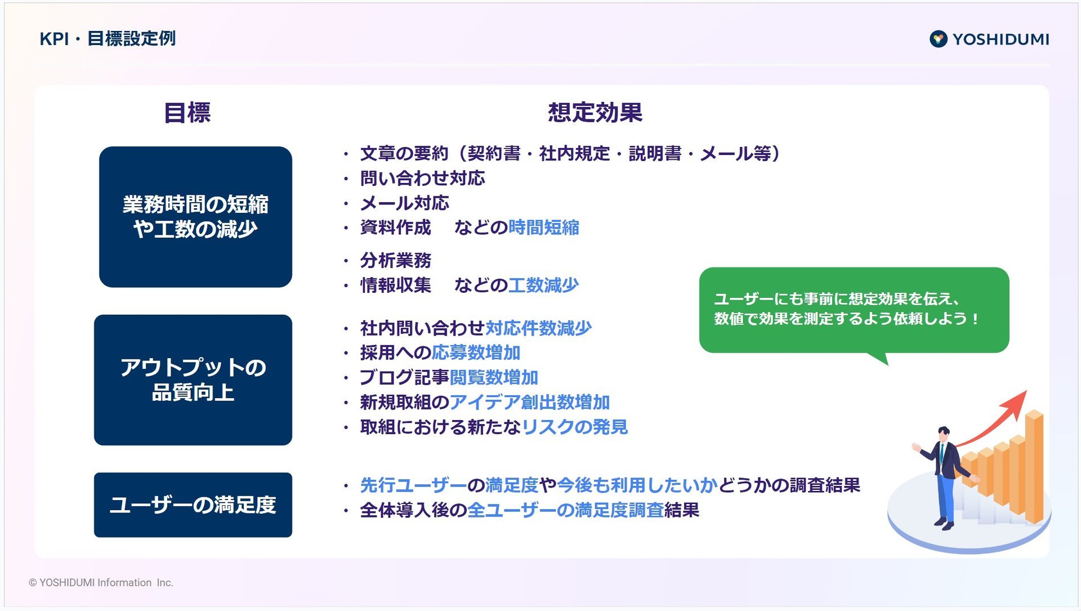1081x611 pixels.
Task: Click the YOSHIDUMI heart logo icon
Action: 938,39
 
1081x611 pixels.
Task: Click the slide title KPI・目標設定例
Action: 108,39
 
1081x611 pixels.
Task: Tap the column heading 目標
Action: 187,113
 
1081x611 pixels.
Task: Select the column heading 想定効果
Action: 595,113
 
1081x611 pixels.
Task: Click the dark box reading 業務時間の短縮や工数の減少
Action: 195,217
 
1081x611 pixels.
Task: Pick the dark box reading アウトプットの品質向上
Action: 193,380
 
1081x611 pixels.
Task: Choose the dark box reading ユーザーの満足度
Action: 193,505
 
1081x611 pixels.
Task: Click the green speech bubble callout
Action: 854,310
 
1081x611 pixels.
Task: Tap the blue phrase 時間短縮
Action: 543,228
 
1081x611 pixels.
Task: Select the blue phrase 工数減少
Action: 543,286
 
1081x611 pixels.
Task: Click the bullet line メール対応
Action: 404,203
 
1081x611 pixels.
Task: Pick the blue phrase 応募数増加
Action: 476,353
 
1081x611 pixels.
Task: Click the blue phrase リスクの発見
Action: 574,427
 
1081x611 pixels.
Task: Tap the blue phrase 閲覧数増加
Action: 494,378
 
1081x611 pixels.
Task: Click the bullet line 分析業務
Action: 395,261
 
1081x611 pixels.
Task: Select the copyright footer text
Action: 101,583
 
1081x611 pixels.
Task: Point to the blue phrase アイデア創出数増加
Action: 530,403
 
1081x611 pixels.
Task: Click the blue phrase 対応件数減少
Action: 538,328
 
